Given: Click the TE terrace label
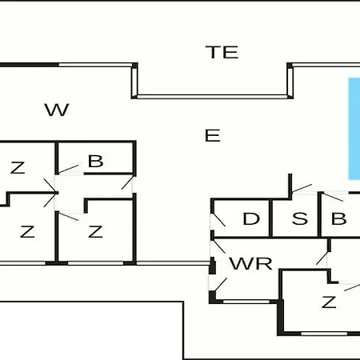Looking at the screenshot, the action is click(x=222, y=52).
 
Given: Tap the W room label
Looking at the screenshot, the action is click(x=57, y=110).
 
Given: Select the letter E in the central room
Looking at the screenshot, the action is click(x=213, y=135).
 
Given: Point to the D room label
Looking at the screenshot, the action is click(x=251, y=218).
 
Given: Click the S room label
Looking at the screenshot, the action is click(x=300, y=218).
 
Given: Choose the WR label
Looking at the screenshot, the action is click(x=251, y=263).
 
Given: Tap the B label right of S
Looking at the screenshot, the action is click(x=338, y=218).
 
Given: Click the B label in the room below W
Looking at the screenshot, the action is click(x=95, y=161).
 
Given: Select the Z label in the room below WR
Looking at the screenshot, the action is click(x=329, y=302).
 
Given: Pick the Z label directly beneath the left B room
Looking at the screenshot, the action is click(x=95, y=231).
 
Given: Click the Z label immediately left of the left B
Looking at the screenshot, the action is click(x=18, y=167).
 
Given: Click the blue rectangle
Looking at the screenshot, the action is click(x=354, y=129).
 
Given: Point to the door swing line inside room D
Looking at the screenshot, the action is click(x=218, y=220).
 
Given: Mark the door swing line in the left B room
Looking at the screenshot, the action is click(x=69, y=169).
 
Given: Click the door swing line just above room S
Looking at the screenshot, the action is click(x=302, y=188).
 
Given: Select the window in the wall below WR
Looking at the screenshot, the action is click(x=246, y=302).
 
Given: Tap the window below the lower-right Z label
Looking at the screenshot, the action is click(x=324, y=334).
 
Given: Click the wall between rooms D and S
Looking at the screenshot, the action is click(x=270, y=218).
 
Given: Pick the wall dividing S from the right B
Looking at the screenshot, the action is click(x=319, y=214).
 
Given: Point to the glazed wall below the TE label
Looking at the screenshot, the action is click(x=212, y=96).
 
